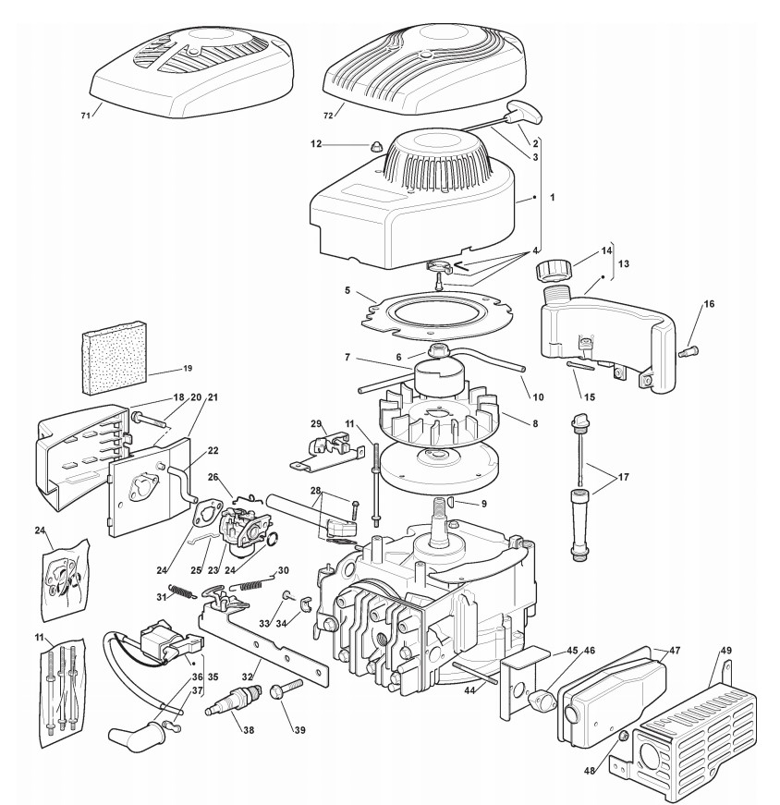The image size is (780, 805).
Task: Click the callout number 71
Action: point(85,116)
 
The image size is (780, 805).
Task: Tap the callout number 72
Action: point(327,116)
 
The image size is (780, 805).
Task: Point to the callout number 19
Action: point(187,369)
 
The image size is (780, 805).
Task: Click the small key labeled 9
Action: point(454,502)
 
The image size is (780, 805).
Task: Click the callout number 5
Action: point(347,289)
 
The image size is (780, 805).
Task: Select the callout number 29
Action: point(316,423)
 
